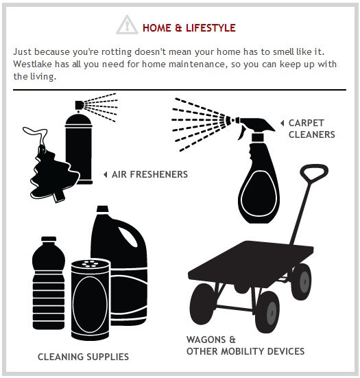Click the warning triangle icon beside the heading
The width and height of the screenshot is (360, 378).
[x=127, y=25]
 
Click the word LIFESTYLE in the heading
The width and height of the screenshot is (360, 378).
[x=211, y=28]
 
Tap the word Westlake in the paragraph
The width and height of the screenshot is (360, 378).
[x=32, y=64]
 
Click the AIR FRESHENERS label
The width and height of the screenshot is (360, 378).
[x=149, y=174]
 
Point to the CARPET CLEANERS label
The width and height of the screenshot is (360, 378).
[x=311, y=129]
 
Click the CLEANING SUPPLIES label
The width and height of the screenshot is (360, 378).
[x=84, y=357]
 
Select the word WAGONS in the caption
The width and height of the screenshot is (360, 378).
[x=206, y=340]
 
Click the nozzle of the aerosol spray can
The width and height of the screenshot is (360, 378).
[x=79, y=105]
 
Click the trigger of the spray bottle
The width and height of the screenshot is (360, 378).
[x=241, y=133]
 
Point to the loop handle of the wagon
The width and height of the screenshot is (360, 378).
[x=314, y=172]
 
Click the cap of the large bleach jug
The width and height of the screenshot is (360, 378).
[x=102, y=209]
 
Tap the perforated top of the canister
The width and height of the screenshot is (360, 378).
[x=90, y=264]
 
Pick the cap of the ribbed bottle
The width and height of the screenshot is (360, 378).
[x=49, y=239]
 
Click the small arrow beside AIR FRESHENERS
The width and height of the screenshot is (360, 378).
[x=106, y=174]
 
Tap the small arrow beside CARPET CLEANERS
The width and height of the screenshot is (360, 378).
[x=282, y=123]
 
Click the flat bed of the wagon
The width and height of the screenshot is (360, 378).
[x=250, y=261]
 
